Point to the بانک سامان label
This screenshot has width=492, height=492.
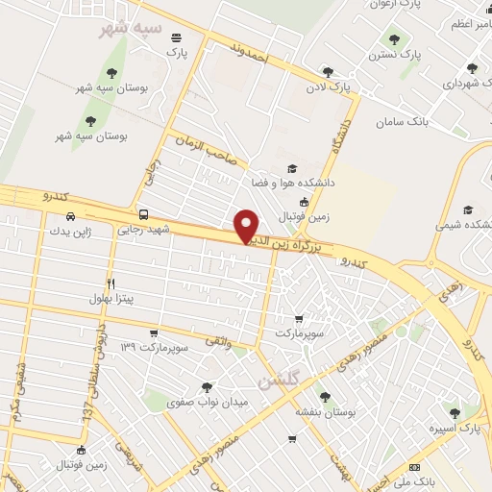(403, 122)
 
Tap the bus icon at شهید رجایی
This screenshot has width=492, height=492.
(144, 215)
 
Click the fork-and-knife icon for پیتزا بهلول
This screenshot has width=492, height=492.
(111, 284)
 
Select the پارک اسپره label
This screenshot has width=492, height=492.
(455, 427)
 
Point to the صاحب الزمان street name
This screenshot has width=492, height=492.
(208, 151)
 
